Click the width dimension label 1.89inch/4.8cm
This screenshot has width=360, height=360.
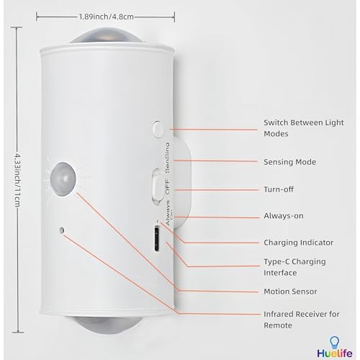point(107,17)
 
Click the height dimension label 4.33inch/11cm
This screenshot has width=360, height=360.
point(17,179)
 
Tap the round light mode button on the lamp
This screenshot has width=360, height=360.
point(158,130)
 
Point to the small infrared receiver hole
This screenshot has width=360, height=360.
point(62,230)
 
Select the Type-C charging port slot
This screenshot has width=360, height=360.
point(157,238)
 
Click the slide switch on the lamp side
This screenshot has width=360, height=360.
point(157,186)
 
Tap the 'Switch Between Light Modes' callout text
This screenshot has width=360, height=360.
point(304,128)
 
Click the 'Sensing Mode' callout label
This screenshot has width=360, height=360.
point(289,162)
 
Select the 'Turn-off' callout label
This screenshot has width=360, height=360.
point(279,189)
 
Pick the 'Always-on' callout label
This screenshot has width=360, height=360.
point(284,216)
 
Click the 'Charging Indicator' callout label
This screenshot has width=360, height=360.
point(298,243)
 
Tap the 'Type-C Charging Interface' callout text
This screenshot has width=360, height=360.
point(294,267)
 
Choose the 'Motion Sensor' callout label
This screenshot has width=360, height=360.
point(290,292)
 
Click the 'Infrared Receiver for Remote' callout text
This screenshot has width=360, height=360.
point(302,320)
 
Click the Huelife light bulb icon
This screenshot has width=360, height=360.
point(334,343)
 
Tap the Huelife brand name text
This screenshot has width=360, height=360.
point(335,354)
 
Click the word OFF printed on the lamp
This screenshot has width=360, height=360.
point(167,187)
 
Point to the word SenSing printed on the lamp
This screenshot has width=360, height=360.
point(167,157)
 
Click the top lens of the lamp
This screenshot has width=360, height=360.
point(107,36)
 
